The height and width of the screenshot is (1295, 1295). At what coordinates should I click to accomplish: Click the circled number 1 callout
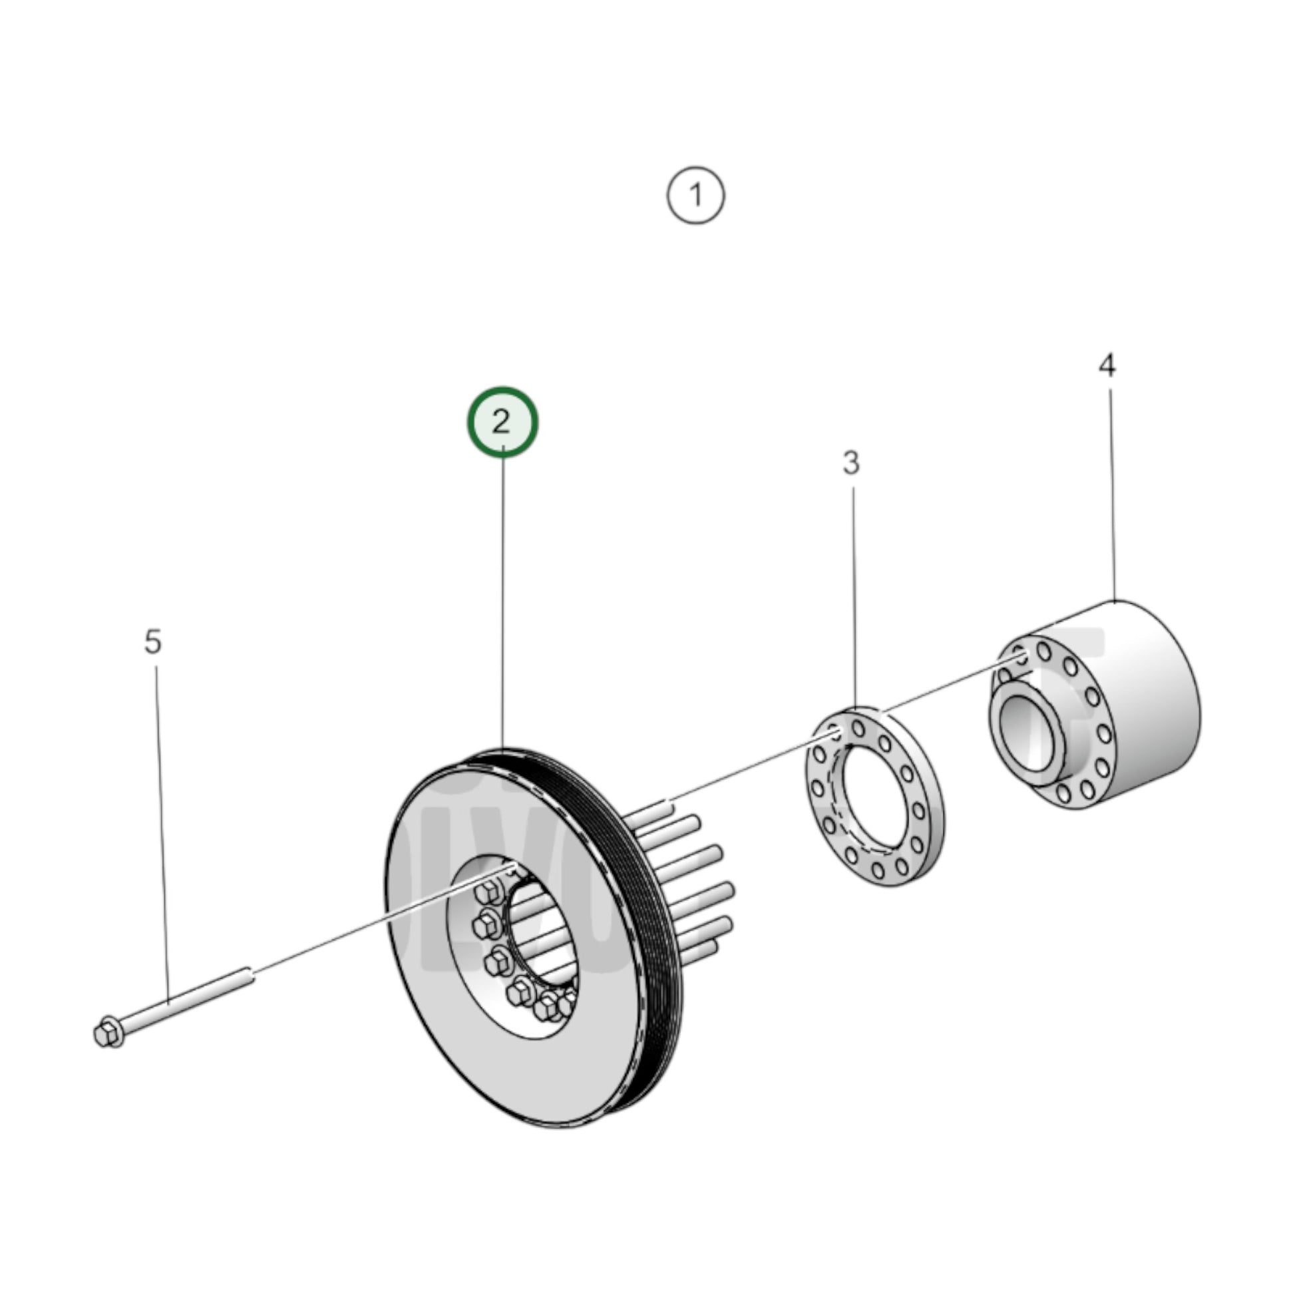(696, 196)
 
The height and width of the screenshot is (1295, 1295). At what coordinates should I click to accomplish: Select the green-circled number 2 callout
(502, 423)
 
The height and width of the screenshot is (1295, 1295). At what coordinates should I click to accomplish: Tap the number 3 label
(850, 463)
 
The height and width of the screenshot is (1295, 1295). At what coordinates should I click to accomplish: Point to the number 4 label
(1107, 365)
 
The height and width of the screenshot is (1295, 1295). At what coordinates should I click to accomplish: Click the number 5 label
(153, 642)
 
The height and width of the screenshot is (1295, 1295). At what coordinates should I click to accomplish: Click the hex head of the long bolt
(107, 1033)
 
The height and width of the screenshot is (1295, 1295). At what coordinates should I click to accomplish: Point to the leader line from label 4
(1111, 496)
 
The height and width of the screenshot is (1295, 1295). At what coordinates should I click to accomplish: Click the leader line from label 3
(854, 596)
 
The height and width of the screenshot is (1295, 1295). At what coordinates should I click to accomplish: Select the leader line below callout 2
(502, 604)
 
